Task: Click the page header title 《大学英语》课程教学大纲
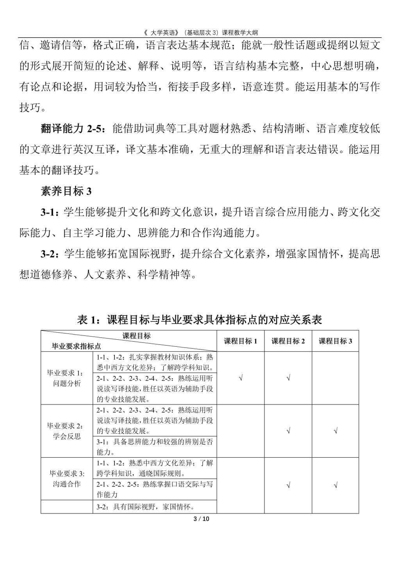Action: click(x=200, y=32)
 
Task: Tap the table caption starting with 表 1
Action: click(x=200, y=320)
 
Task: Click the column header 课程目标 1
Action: click(x=240, y=341)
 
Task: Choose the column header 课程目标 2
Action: click(x=288, y=341)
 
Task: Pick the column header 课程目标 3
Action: click(x=335, y=341)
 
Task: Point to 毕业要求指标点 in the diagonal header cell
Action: click(x=77, y=346)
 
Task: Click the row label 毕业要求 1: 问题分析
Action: click(x=67, y=378)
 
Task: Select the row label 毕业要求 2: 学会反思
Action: click(x=67, y=431)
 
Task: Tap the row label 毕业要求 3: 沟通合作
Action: click(x=67, y=479)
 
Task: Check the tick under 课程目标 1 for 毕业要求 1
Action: click(x=241, y=378)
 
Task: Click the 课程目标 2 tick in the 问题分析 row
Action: click(x=288, y=378)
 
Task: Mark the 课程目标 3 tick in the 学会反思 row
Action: click(x=335, y=431)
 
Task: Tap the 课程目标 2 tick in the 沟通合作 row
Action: click(x=288, y=485)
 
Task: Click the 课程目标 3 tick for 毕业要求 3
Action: click(x=335, y=485)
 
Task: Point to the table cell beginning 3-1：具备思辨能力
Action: click(x=155, y=447)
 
